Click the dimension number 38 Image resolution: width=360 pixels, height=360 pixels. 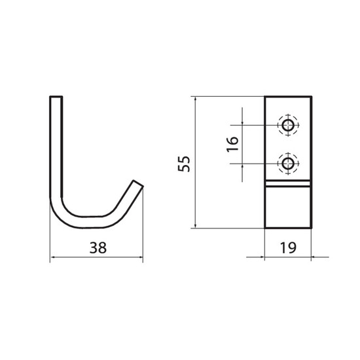click(98, 247)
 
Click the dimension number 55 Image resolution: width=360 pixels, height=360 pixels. click(184, 164)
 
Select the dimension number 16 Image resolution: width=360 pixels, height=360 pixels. click(232, 144)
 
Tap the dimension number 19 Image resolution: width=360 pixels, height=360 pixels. click(288, 247)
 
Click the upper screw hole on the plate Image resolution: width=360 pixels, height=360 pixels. click(288, 126)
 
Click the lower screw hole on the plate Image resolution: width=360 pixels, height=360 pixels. click(288, 164)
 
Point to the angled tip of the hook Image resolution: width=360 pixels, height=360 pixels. click(138, 184)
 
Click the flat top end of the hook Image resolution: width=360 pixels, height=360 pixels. click(56, 97)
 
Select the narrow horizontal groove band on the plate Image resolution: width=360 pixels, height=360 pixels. click(288, 183)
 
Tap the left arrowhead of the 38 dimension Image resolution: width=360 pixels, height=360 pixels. click(52, 257)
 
